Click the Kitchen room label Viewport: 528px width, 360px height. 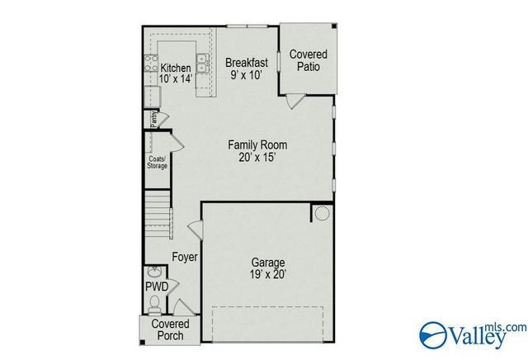176,68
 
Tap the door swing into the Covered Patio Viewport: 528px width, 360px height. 295,102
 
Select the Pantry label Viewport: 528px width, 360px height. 153,119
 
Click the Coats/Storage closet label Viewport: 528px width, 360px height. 157,163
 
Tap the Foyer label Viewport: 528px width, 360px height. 185,257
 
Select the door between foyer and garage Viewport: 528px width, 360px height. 196,230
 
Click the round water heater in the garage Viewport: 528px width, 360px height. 322,214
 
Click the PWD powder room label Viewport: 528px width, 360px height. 157,287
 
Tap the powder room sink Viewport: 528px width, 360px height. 154,272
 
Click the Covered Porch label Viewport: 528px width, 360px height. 169,329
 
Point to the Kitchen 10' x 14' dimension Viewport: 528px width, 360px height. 175,79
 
